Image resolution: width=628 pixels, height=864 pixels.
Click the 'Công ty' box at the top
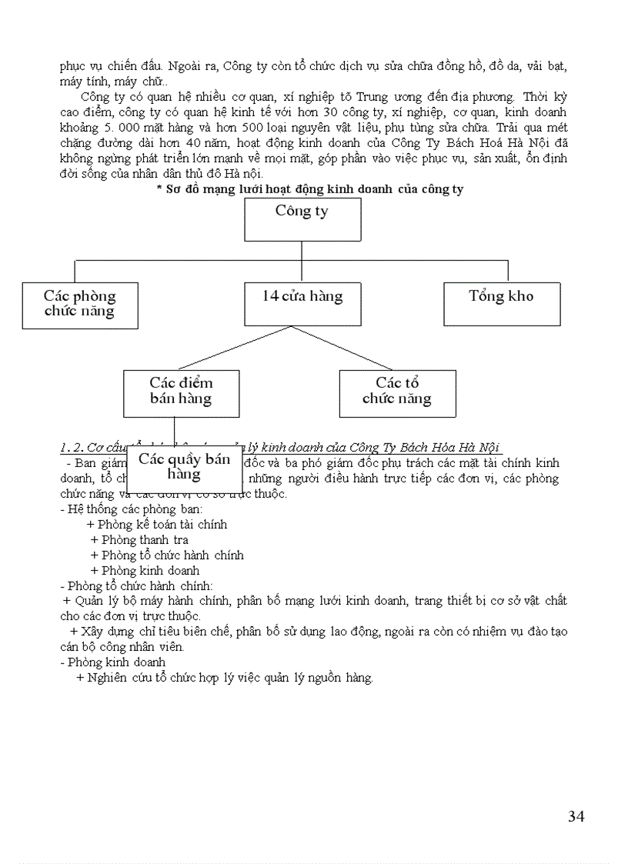[x=302, y=219]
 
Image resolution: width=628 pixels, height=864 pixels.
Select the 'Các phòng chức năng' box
[x=80, y=305]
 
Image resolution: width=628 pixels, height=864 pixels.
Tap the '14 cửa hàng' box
[x=302, y=304]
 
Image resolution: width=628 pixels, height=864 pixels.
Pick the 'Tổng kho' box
[x=502, y=304]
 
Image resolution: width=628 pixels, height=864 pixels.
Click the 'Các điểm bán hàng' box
[x=181, y=393]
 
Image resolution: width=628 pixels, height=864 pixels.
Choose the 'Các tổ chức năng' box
[x=397, y=393]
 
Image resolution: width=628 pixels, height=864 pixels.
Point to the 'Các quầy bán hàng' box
[x=185, y=469]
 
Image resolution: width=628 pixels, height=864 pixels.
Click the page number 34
[x=576, y=816]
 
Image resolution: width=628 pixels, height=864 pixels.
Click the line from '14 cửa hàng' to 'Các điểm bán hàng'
[x=235, y=349]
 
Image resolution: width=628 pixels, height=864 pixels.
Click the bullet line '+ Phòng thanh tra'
[x=139, y=540]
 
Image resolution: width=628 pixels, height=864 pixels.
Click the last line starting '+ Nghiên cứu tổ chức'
[x=225, y=678]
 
